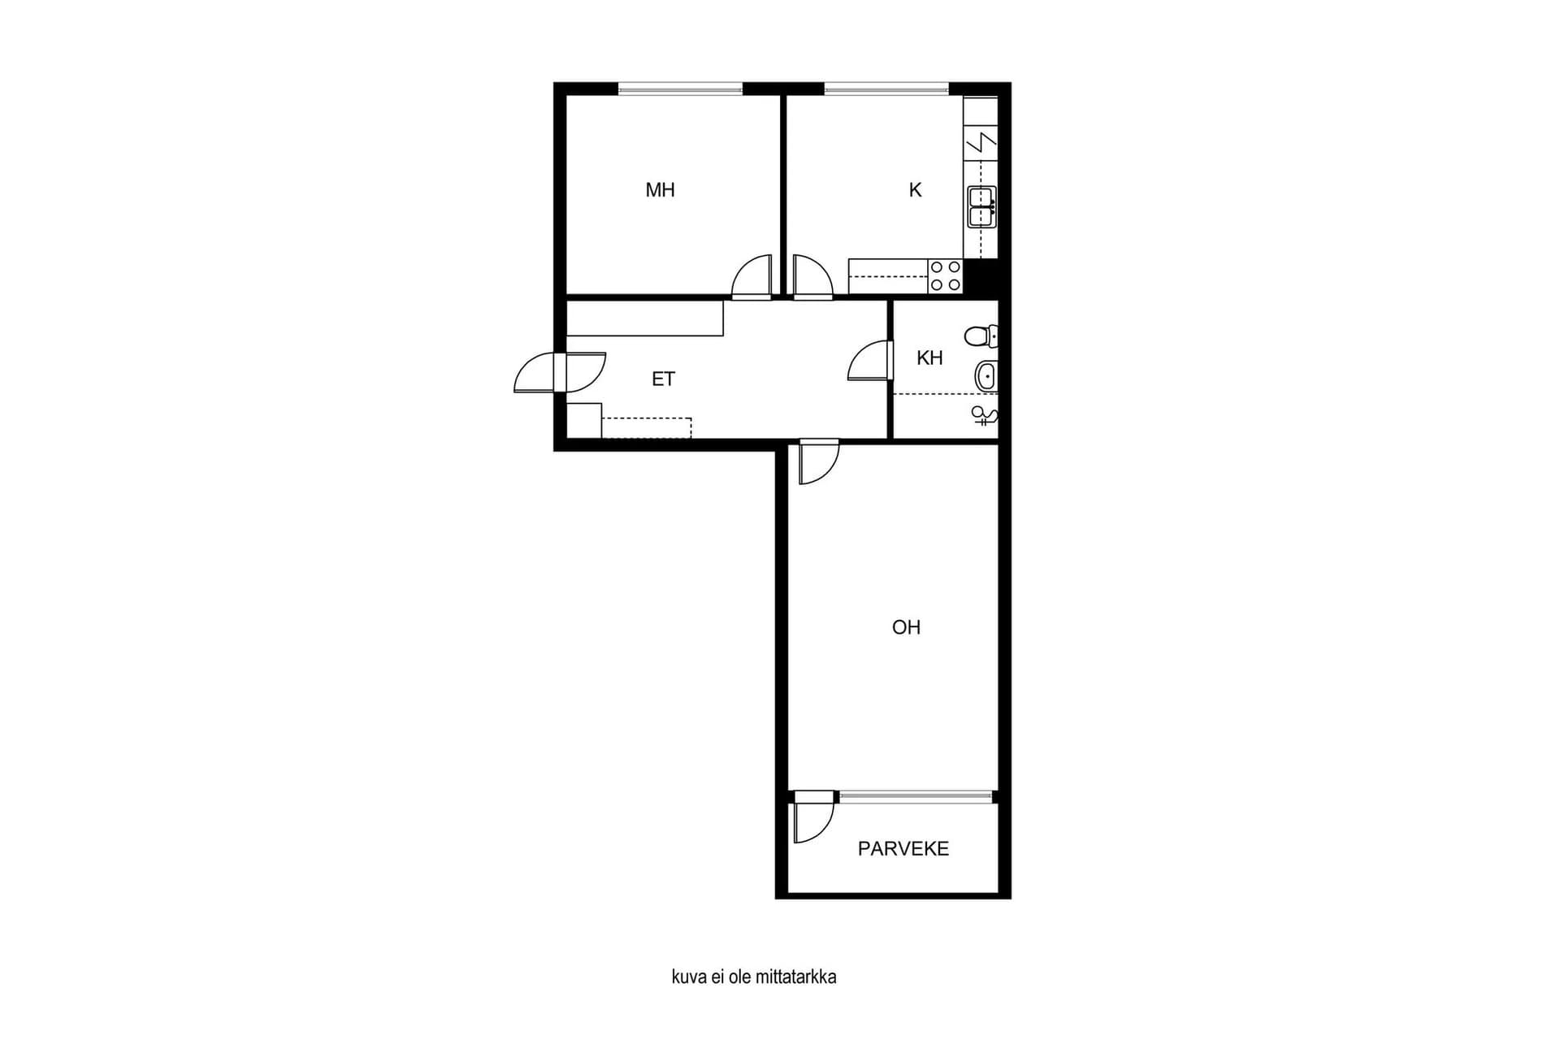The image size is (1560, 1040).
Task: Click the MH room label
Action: click(x=660, y=190)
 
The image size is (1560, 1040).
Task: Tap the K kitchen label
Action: click(x=916, y=190)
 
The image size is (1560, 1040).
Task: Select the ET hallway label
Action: click(x=663, y=379)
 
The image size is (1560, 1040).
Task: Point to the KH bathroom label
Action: click(x=929, y=357)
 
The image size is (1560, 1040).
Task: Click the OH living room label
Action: click(x=906, y=627)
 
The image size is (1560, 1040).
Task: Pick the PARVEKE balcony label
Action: click(x=903, y=849)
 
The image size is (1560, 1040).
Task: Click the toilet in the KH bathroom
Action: click(x=981, y=336)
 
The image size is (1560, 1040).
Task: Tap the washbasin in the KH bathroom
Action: click(x=986, y=376)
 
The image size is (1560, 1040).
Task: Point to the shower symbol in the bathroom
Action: click(x=985, y=417)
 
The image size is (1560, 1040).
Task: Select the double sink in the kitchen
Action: click(x=981, y=206)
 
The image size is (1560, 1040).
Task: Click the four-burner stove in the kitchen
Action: click(x=945, y=275)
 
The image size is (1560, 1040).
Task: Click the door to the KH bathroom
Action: click(x=870, y=361)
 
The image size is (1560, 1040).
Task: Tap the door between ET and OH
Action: click(x=818, y=461)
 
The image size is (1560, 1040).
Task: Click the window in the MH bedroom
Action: click(x=681, y=89)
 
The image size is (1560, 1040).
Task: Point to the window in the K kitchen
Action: click(x=886, y=89)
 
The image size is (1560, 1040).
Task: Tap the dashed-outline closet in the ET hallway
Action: click(x=646, y=428)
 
